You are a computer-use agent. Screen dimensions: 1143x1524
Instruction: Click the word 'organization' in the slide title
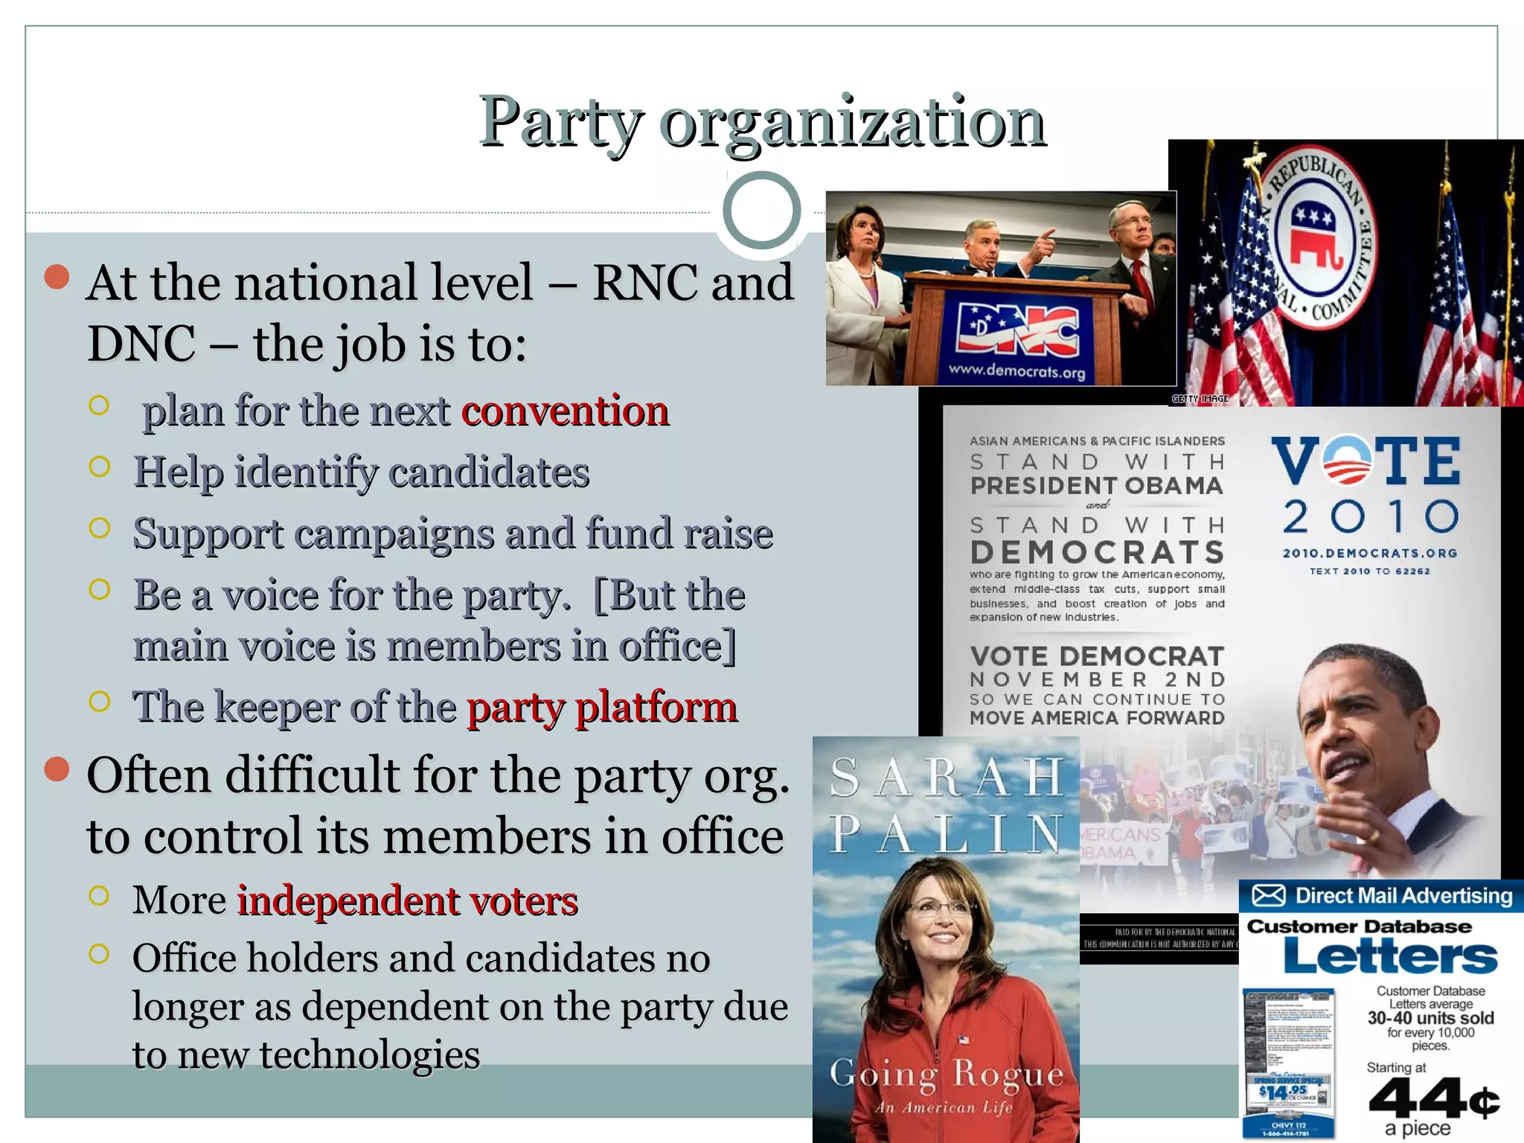click(x=852, y=123)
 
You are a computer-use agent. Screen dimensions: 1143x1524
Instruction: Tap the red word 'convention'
click(x=565, y=411)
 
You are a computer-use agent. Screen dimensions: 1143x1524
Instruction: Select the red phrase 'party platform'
click(x=602, y=707)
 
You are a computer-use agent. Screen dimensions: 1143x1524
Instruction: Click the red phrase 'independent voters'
click(x=407, y=900)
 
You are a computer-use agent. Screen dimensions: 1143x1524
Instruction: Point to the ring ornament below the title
click(x=761, y=211)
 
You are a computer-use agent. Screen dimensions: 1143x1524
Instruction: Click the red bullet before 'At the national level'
click(x=57, y=277)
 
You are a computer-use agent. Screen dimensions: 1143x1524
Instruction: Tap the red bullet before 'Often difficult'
click(x=57, y=769)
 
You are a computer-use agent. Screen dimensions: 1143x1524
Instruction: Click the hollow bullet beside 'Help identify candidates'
click(x=99, y=467)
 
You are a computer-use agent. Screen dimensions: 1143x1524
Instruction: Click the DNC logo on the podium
click(x=1016, y=329)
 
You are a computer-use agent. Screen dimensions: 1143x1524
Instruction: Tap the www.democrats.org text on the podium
click(x=1016, y=371)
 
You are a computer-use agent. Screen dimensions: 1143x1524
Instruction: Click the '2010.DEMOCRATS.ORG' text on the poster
click(x=1369, y=554)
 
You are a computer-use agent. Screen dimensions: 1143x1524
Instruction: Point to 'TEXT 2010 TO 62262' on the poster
click(x=1369, y=571)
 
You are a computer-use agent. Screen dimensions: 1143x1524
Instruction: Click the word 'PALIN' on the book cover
click(x=947, y=834)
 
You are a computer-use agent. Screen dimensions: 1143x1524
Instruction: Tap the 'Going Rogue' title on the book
click(x=947, y=1074)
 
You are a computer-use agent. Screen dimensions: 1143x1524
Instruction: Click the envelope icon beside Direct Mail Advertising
click(x=1268, y=895)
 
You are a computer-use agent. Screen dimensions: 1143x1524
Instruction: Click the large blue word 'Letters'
click(x=1390, y=957)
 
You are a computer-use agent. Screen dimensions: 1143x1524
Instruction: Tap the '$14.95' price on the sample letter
click(x=1278, y=1092)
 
